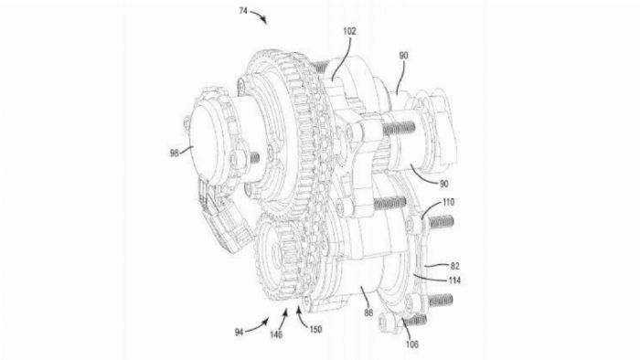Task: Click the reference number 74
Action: click(243, 11)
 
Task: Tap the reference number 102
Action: click(349, 31)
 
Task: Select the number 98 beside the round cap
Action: click(175, 153)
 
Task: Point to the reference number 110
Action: click(448, 202)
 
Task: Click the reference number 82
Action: click(454, 266)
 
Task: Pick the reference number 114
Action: click(454, 281)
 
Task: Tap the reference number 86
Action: click(368, 313)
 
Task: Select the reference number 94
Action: click(240, 333)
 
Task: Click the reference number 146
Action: click(276, 334)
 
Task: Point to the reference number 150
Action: click(315, 329)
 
